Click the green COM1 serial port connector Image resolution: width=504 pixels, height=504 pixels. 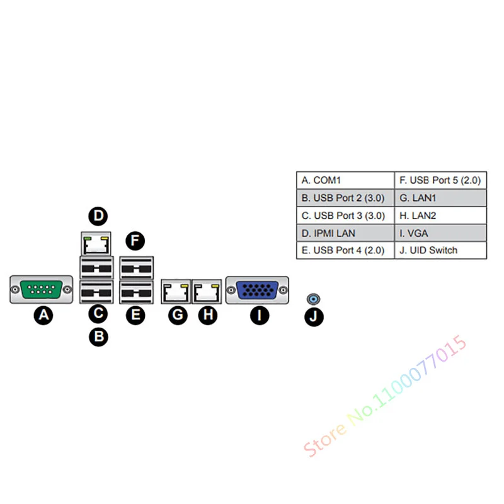tap(41, 290)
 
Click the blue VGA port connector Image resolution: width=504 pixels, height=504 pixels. tap(257, 290)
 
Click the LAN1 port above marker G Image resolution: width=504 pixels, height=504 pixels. tap(176, 290)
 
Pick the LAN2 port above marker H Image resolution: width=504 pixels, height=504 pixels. tap(206, 290)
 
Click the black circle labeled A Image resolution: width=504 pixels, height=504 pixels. tap(43, 315)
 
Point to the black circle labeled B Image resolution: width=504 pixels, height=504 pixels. tap(98, 336)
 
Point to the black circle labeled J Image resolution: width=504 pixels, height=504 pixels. tap(314, 316)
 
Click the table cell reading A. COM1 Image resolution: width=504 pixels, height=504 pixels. tap(345, 180)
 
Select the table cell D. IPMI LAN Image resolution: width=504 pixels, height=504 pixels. tap(345, 233)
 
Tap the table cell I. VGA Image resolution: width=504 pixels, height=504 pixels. tap(440, 233)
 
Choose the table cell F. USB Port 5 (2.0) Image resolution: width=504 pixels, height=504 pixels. tap(440, 180)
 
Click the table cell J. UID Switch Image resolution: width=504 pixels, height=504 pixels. tap(440, 250)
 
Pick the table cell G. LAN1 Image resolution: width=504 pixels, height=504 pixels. tap(440, 198)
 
